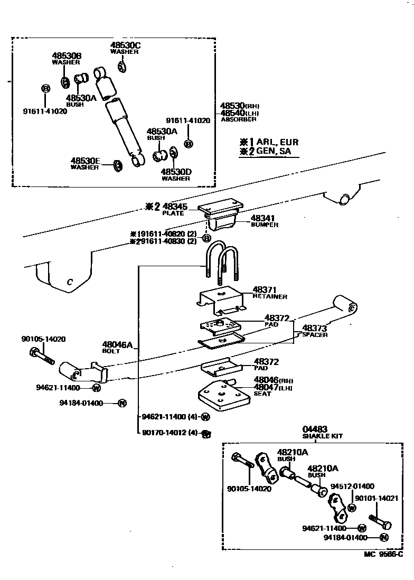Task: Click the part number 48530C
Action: [x=125, y=45]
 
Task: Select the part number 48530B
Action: [x=66, y=55]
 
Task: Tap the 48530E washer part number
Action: [x=85, y=160]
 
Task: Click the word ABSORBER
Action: [x=238, y=120]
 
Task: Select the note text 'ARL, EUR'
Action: [x=277, y=142]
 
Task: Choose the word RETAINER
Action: [x=269, y=297]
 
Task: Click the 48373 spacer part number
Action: [x=315, y=328]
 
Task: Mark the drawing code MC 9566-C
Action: [x=382, y=554]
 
